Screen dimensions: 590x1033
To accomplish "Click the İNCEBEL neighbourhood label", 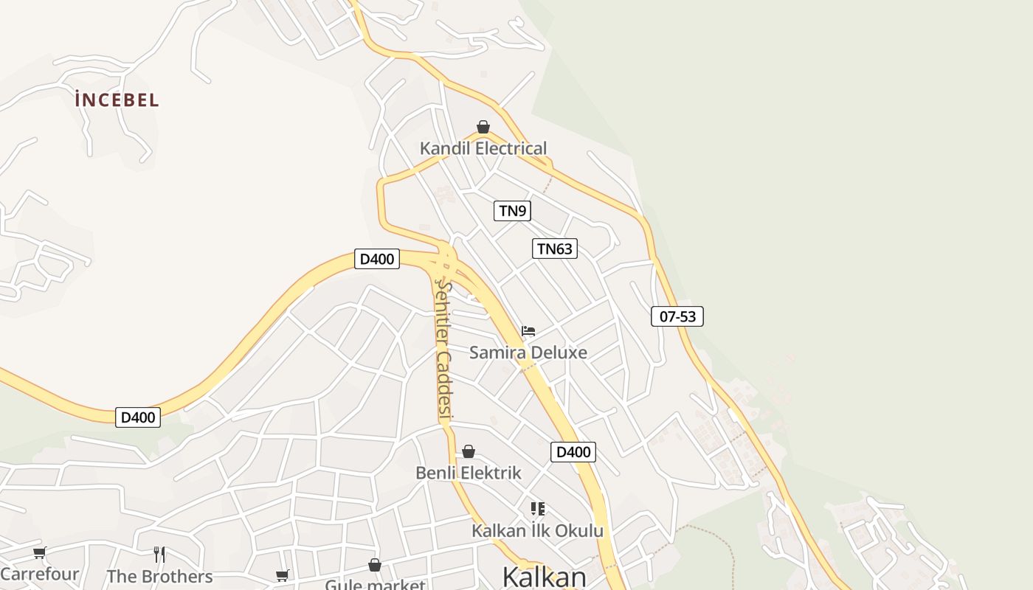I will [x=117, y=100].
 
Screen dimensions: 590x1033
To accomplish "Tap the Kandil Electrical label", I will [x=483, y=148].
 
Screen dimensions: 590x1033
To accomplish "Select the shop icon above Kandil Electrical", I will [x=483, y=127].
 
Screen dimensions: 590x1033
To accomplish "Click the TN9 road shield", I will [x=512, y=211].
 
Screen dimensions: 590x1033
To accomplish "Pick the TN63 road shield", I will [x=554, y=249].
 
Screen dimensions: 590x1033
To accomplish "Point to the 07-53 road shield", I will [x=677, y=316].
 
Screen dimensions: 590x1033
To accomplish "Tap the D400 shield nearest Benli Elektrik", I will [x=573, y=452].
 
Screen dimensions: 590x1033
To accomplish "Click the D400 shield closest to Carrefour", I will [x=138, y=417].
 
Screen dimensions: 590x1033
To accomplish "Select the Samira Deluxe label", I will [x=528, y=353].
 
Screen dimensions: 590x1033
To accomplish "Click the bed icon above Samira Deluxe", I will [x=528, y=331].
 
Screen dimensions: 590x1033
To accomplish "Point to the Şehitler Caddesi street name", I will [x=443, y=350].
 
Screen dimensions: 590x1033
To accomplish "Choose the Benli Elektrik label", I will [x=469, y=473].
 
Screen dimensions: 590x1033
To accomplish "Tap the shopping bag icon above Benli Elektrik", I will [x=469, y=451].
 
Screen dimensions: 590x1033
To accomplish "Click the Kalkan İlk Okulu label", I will [x=537, y=530].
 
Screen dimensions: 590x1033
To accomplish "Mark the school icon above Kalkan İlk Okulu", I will [x=538, y=509].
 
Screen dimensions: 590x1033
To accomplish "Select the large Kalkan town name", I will [x=544, y=577].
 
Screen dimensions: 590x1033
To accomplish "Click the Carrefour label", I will [x=40, y=574].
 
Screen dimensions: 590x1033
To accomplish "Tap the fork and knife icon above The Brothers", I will [x=159, y=555].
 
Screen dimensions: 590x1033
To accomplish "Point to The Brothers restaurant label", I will [x=159, y=576].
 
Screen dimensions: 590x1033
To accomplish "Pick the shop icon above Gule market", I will [x=375, y=566].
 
